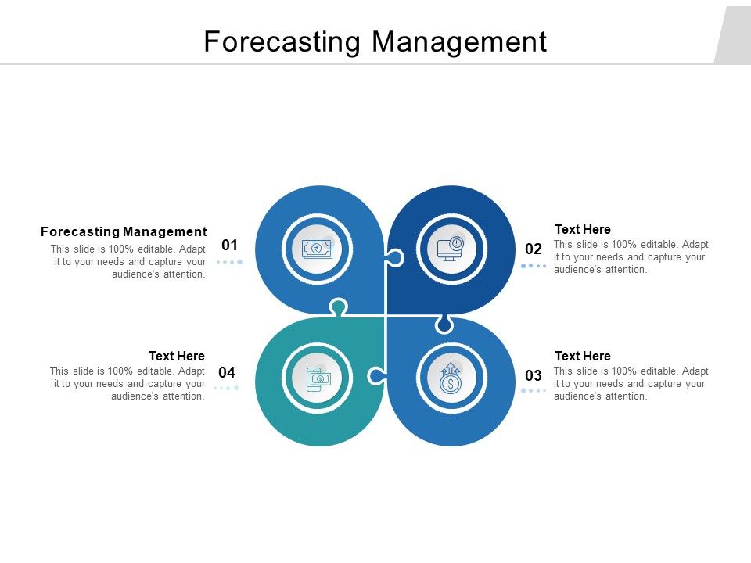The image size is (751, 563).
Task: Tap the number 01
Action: [229, 245]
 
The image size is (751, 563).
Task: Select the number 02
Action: [534, 249]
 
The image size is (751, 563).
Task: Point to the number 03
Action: [534, 375]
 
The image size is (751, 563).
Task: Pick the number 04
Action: [227, 372]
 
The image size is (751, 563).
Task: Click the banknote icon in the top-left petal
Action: [317, 249]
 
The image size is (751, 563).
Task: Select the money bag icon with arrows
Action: [451, 378]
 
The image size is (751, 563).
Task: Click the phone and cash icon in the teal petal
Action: [317, 378]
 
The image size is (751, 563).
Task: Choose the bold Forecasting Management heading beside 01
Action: [124, 231]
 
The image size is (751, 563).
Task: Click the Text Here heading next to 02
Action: [582, 229]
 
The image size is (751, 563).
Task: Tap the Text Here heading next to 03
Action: [582, 356]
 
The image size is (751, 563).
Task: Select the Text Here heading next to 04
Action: [177, 356]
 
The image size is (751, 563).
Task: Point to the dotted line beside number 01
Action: [229, 262]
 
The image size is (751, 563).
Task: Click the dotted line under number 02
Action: [534, 266]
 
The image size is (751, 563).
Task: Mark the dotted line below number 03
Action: [534, 390]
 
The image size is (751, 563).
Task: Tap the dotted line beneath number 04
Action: [226, 388]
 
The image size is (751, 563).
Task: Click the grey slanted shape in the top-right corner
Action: [734, 35]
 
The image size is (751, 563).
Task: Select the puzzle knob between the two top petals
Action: [394, 257]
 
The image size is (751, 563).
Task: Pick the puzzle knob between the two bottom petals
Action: [376, 376]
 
